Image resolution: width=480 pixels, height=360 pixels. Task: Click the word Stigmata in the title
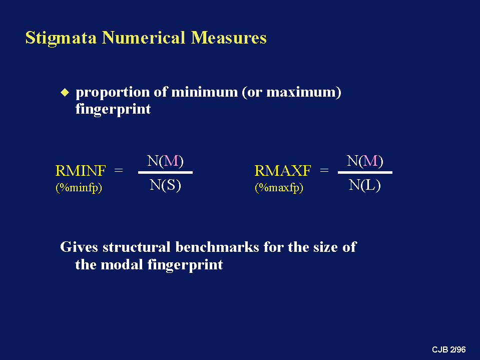point(61,39)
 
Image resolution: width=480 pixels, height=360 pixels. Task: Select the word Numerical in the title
point(144,38)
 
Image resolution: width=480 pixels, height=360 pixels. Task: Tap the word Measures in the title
point(229,38)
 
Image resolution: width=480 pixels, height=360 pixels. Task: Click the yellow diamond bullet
point(65,92)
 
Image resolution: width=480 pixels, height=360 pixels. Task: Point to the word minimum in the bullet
point(204,92)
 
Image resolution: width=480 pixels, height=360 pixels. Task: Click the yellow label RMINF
point(81,171)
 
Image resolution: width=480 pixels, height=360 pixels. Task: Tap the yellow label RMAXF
point(283,171)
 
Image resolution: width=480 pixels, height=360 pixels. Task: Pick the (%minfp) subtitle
point(79,187)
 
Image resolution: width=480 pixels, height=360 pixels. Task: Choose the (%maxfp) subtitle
point(279,187)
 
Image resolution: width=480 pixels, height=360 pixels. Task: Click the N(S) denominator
point(165,185)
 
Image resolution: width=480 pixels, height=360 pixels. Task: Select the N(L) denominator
point(364,185)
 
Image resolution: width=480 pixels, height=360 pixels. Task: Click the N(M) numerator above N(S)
point(165,161)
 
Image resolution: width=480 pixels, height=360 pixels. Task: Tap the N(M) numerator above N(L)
point(365,161)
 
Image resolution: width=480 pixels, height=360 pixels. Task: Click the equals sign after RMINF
point(119,170)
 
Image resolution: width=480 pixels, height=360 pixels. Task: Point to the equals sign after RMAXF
point(324,170)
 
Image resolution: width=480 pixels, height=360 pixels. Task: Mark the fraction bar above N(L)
point(365,172)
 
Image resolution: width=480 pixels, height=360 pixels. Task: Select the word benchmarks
point(217,247)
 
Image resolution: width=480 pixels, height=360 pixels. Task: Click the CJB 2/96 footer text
point(449,349)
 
